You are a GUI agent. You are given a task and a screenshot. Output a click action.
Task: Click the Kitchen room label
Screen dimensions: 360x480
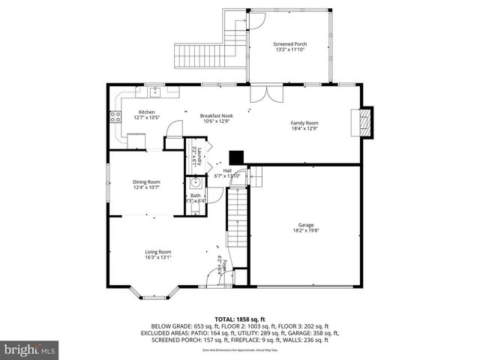tap(145, 112)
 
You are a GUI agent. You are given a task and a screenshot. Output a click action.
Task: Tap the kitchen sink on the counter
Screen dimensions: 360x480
tap(156, 93)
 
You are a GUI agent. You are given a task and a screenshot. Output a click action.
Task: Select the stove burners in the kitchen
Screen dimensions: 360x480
tap(115, 116)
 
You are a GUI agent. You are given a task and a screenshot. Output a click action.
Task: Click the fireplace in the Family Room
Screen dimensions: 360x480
tap(364, 122)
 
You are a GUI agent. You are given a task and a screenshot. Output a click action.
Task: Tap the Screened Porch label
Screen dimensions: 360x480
tap(289, 44)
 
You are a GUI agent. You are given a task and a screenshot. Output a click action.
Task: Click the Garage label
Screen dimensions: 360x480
tap(304, 224)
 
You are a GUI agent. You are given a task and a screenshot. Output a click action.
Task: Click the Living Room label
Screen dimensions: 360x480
tap(158, 252)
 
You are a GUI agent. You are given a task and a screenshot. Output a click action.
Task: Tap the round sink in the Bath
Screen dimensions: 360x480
tap(195, 182)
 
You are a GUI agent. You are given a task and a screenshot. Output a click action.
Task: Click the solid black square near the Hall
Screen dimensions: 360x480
tap(237, 157)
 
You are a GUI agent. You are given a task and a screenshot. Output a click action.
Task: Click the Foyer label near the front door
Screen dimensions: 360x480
tap(220, 265)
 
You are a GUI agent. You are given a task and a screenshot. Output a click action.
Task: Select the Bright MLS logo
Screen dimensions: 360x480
tap(30, 349)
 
